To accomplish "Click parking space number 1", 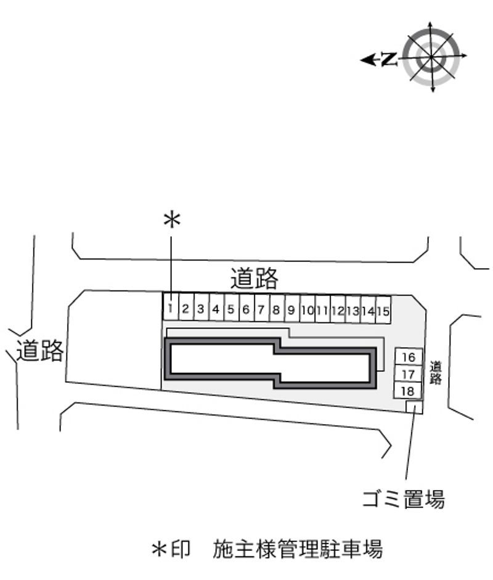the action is click(x=171, y=306).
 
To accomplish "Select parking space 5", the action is click(x=231, y=308).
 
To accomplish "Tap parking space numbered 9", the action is click(x=292, y=309).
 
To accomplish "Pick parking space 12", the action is click(x=338, y=309).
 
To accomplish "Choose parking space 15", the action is click(x=383, y=311).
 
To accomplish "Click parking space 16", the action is click(x=409, y=357).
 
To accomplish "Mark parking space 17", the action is click(x=408, y=374).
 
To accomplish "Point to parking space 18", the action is click(x=407, y=390).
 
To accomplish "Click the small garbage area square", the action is click(x=414, y=407).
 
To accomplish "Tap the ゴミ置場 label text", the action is click(x=404, y=499).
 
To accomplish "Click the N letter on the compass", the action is click(x=389, y=59).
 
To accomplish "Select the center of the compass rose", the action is click(x=431, y=56).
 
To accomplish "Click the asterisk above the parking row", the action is click(x=172, y=219).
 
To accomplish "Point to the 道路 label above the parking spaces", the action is click(x=255, y=278).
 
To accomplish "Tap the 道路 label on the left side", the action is click(x=39, y=350).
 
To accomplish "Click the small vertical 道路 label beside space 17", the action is click(x=436, y=373).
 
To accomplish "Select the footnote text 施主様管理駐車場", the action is click(x=298, y=549).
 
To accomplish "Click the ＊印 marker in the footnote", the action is click(x=171, y=549).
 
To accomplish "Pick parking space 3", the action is click(x=201, y=307).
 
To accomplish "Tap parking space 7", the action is click(x=261, y=308).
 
